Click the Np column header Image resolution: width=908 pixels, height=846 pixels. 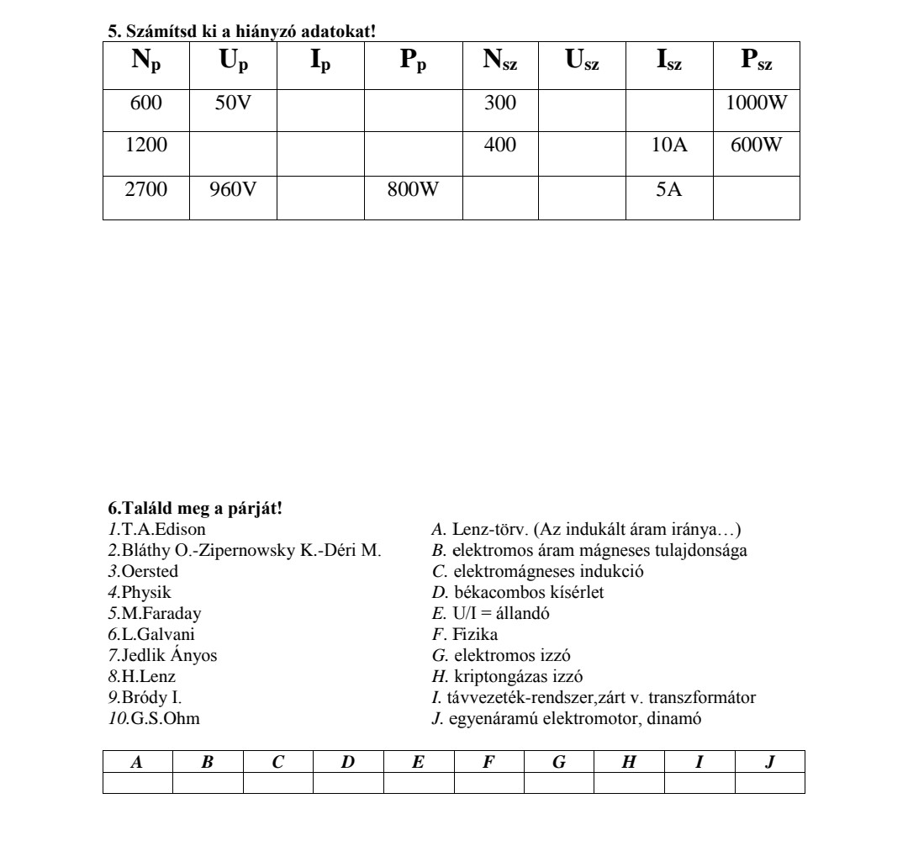tap(145, 64)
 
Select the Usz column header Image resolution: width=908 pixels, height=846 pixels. tap(582, 64)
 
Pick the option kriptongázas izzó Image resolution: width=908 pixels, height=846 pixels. tap(530, 676)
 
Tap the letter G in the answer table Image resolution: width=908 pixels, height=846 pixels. tap(559, 762)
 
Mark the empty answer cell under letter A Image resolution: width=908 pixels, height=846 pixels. tap(138, 784)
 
